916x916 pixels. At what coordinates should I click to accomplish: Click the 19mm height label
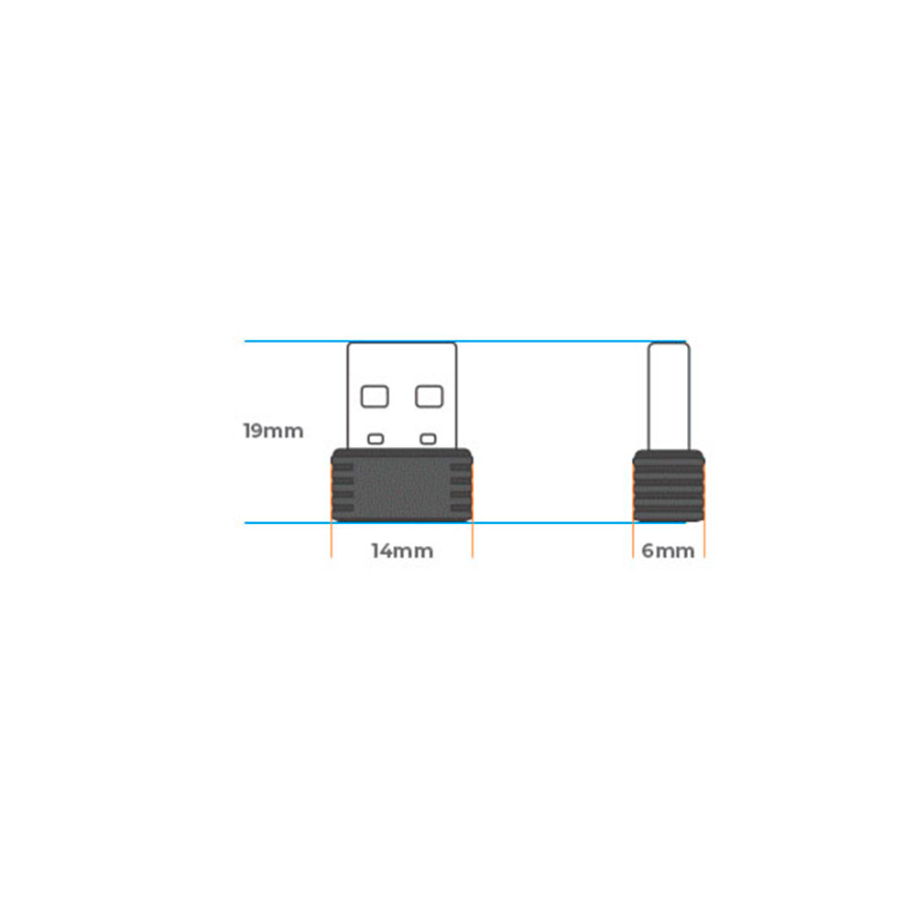click(273, 431)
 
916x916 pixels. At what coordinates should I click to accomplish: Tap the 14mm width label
click(402, 551)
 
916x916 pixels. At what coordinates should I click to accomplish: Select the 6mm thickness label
click(668, 551)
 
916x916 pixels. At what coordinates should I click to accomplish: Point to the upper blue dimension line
click(293, 342)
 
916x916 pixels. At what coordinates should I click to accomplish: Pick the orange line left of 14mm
click(332, 540)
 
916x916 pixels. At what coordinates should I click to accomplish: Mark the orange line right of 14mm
click(473, 540)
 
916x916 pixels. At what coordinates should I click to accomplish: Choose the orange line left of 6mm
click(633, 540)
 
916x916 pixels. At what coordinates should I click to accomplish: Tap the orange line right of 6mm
click(705, 540)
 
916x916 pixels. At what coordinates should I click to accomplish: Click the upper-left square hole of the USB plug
click(375, 396)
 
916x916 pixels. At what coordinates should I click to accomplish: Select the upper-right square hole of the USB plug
click(429, 396)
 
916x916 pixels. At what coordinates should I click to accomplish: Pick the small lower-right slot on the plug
click(428, 439)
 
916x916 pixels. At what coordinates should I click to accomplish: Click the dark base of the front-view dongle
click(402, 485)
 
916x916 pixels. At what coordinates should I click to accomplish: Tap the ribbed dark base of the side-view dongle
click(669, 485)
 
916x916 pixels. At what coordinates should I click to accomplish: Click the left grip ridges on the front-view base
click(342, 485)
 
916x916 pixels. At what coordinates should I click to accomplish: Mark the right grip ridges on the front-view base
click(462, 485)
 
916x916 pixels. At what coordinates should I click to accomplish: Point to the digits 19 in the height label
click(254, 431)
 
